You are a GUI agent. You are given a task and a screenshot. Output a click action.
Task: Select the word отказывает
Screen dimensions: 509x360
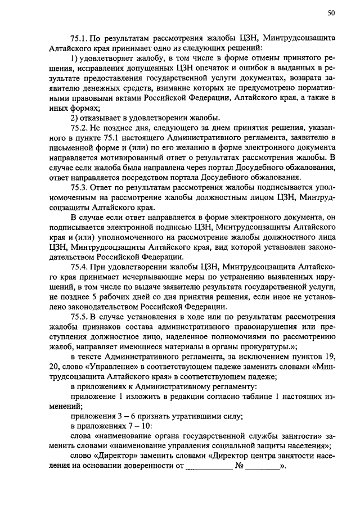coord(105,118)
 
